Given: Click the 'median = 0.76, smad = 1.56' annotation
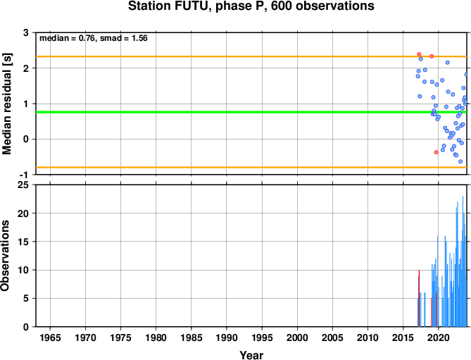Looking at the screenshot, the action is [x=94, y=38].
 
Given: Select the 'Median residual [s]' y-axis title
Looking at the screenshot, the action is [x=7, y=104].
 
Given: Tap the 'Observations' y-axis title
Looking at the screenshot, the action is [x=5, y=256].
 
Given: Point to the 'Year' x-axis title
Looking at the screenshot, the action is [x=251, y=355].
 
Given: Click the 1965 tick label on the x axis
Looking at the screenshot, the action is [x=50, y=337].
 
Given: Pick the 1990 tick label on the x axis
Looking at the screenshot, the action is [x=227, y=337].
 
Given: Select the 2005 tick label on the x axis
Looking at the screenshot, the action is [x=332, y=337].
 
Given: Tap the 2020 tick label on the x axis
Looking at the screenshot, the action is [x=438, y=337].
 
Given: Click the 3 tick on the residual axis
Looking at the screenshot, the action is [x=26, y=32].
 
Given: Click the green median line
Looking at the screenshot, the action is [x=251, y=112].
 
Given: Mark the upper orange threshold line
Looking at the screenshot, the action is [x=251, y=56].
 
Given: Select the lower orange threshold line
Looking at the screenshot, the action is [x=251, y=167].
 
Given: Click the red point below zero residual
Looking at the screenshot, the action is [x=437, y=152].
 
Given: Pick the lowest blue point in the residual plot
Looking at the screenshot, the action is [x=460, y=161].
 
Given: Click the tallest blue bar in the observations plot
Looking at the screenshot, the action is [x=463, y=261].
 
